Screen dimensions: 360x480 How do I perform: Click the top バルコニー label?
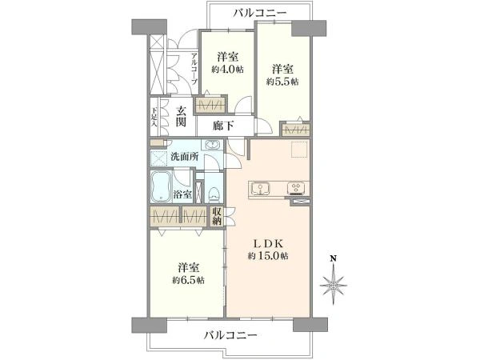tap(260, 12)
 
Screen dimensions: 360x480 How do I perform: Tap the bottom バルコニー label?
tap(229, 334)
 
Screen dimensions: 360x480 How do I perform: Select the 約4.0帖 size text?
tap(228, 70)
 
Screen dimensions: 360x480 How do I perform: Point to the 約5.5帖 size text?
tap(283, 81)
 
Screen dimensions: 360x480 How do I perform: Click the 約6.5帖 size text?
tap(189, 280)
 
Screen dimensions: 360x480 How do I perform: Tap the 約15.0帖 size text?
tap(267, 256)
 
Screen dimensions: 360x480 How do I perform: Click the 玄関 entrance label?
tap(181, 117)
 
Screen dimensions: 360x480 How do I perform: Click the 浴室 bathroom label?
tap(182, 193)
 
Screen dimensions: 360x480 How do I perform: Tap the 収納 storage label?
tap(217, 216)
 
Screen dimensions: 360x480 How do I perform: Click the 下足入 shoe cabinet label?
tap(154, 117)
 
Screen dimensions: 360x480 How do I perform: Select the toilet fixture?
tap(213, 193)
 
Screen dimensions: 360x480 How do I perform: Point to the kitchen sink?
tap(262, 189)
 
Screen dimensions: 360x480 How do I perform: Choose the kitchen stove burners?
tap(294, 189)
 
